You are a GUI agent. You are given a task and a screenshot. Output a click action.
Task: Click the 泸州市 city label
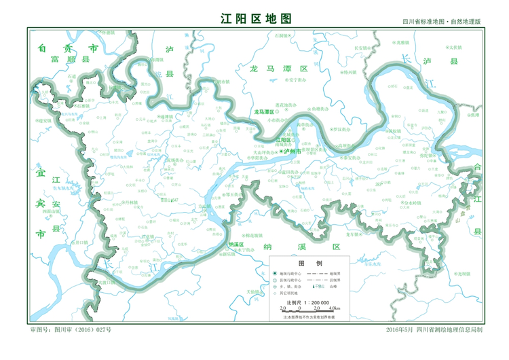click(x=297, y=152)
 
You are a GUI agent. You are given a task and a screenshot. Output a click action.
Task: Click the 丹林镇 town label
click(x=130, y=202)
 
